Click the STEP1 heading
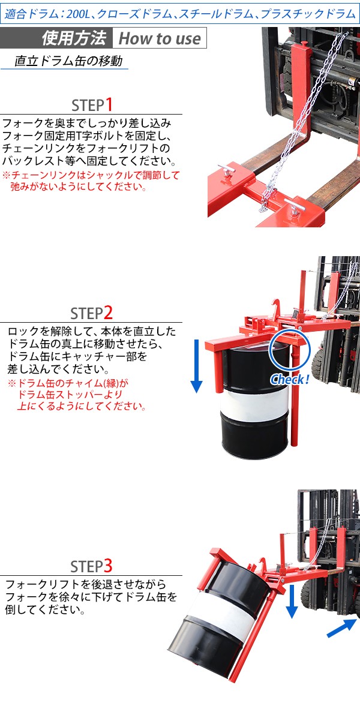(92, 105)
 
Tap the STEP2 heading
(91, 313)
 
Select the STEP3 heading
(91, 566)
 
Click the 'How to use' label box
(159, 38)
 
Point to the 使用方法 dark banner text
(74, 38)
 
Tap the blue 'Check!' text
(290, 379)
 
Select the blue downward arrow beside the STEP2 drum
(196, 366)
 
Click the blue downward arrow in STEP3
(292, 602)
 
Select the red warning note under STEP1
(91, 181)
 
